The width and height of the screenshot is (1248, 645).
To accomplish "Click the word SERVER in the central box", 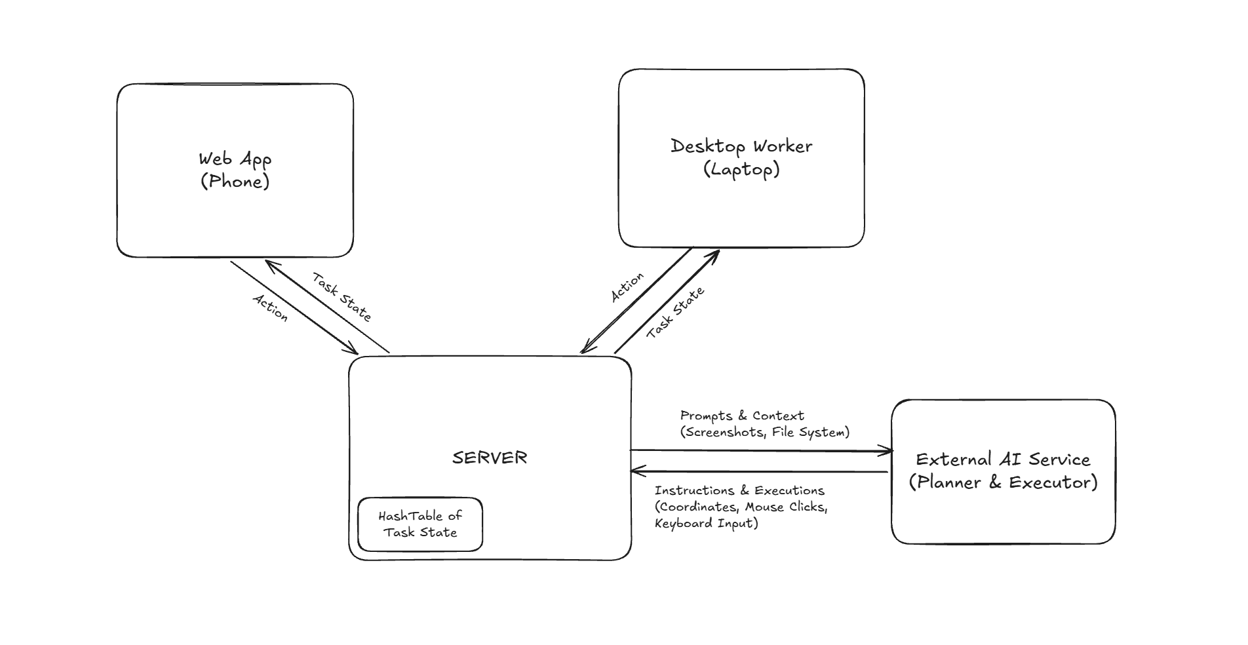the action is pyautogui.click(x=490, y=458).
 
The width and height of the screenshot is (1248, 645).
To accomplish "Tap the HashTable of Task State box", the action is pyautogui.click(x=420, y=524).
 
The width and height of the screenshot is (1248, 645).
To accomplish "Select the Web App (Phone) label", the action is pyautogui.click(x=235, y=170).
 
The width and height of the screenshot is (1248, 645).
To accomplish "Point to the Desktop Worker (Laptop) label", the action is pyautogui.click(x=741, y=158).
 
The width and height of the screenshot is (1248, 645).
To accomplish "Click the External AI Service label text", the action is pyautogui.click(x=1003, y=459).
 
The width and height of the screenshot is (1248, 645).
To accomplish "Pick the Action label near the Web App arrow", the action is pyautogui.click(x=270, y=307).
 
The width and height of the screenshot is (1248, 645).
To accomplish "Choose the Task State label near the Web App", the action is pyautogui.click(x=341, y=297).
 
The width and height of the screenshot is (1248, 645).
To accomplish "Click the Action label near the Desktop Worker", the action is pyautogui.click(x=627, y=287).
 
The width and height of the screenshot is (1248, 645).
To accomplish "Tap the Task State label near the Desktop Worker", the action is pyautogui.click(x=676, y=313).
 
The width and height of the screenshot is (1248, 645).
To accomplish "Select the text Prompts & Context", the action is pyautogui.click(x=742, y=416).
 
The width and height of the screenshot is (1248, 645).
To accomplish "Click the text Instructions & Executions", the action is pyautogui.click(x=739, y=490).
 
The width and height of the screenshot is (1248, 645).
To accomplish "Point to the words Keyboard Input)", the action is pyautogui.click(x=707, y=523).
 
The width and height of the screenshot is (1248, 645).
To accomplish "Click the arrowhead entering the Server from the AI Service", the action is pyautogui.click(x=637, y=471).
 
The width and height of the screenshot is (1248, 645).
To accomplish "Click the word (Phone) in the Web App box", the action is pyautogui.click(x=235, y=182).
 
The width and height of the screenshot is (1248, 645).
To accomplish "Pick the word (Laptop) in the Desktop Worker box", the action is pyautogui.click(x=741, y=170).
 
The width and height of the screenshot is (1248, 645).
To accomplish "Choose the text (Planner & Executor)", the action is pyautogui.click(x=1003, y=482).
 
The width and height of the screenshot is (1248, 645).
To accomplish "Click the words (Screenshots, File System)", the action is pyautogui.click(x=765, y=432).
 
